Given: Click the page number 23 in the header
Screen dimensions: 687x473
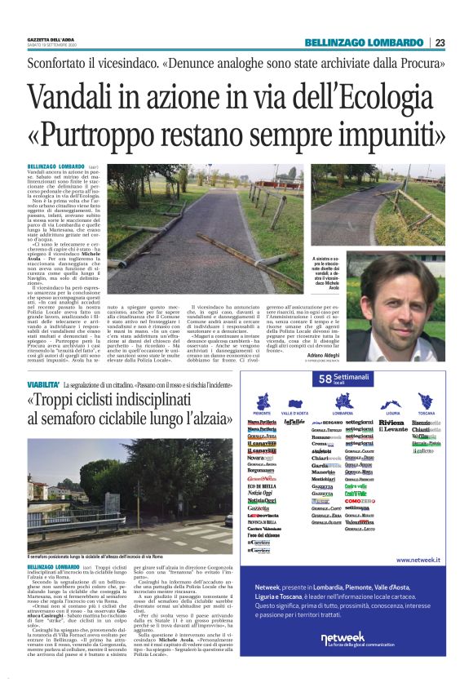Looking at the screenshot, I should (x=440, y=43).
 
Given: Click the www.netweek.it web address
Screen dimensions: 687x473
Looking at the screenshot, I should (x=418, y=561).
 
